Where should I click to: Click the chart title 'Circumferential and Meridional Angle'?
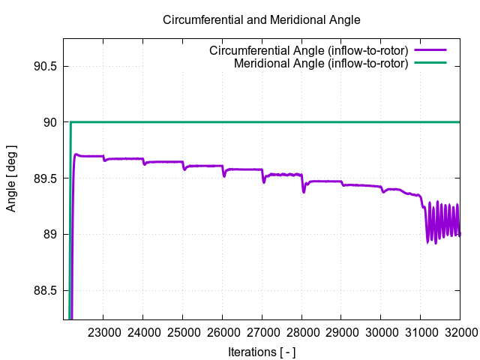tap(262, 19)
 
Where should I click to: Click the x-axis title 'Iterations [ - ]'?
tap(262, 351)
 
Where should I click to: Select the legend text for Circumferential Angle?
tap(309, 50)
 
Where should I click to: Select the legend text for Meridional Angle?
tap(321, 63)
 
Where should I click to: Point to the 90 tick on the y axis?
tap(50, 122)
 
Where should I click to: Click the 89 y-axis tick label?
tap(50, 235)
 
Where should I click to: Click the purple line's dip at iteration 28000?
tap(304, 191)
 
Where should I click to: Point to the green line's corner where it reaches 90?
tap(70, 122)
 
